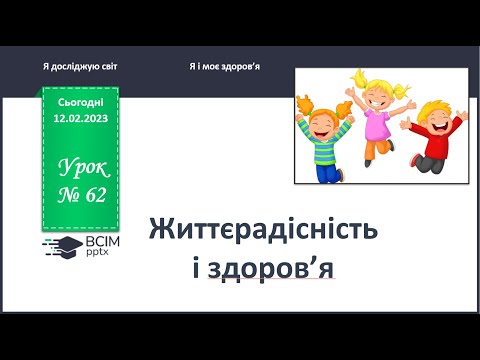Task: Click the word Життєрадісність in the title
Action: coord(263,227)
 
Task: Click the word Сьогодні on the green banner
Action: coord(80,103)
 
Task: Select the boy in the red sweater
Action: coord(429,135)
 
